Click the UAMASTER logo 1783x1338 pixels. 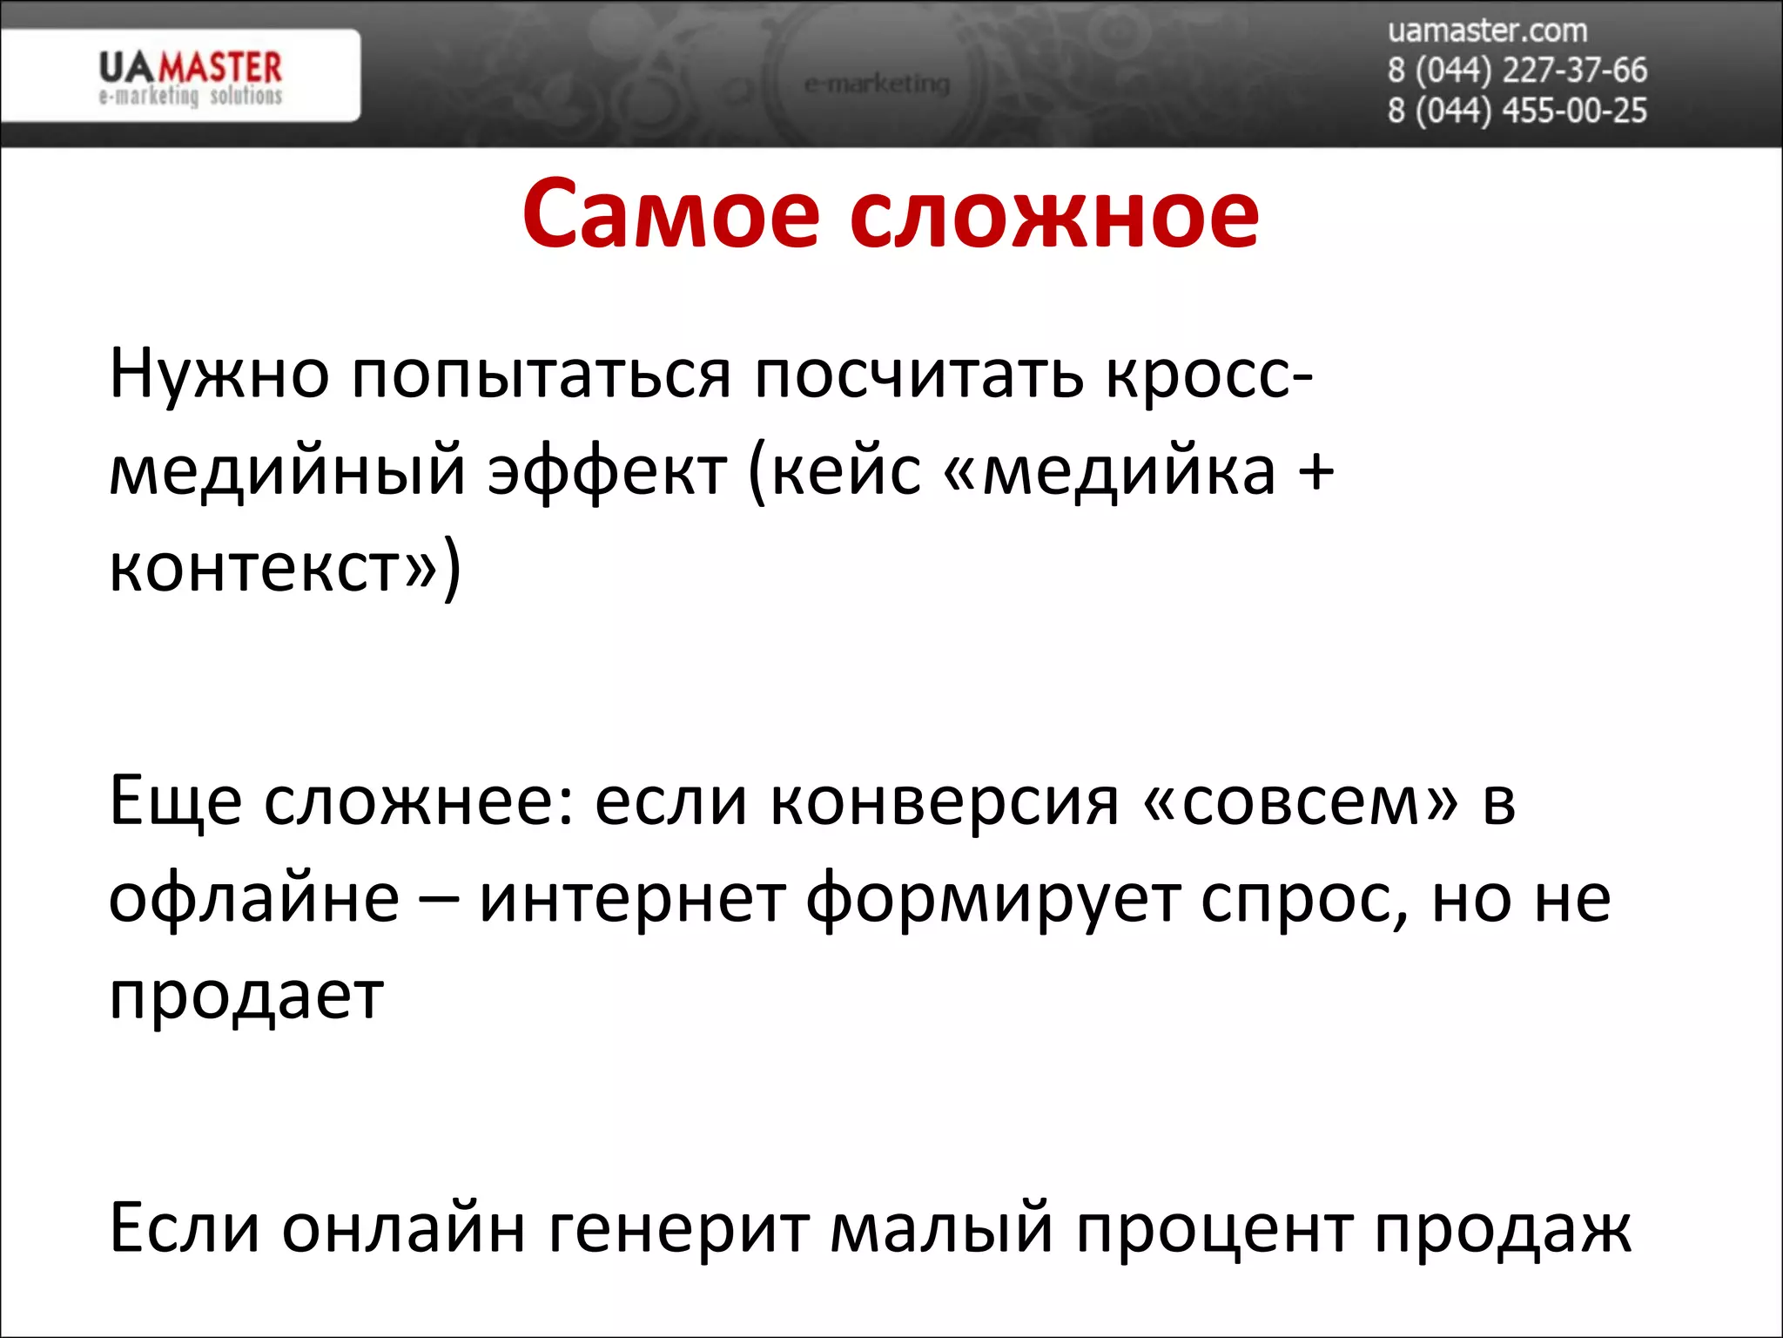(x=190, y=77)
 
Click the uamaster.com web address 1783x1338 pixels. (x=1487, y=31)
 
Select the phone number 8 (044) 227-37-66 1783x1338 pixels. (x=1517, y=71)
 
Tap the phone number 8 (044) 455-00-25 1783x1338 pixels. (x=1517, y=111)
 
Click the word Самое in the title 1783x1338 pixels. (x=670, y=214)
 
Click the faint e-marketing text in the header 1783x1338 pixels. (x=876, y=84)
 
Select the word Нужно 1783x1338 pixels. (x=219, y=375)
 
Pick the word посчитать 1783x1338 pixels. (x=919, y=375)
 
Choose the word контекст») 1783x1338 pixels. (x=285, y=568)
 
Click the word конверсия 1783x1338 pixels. (x=945, y=801)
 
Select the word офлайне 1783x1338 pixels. (x=253, y=898)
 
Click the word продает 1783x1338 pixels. (x=246, y=996)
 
